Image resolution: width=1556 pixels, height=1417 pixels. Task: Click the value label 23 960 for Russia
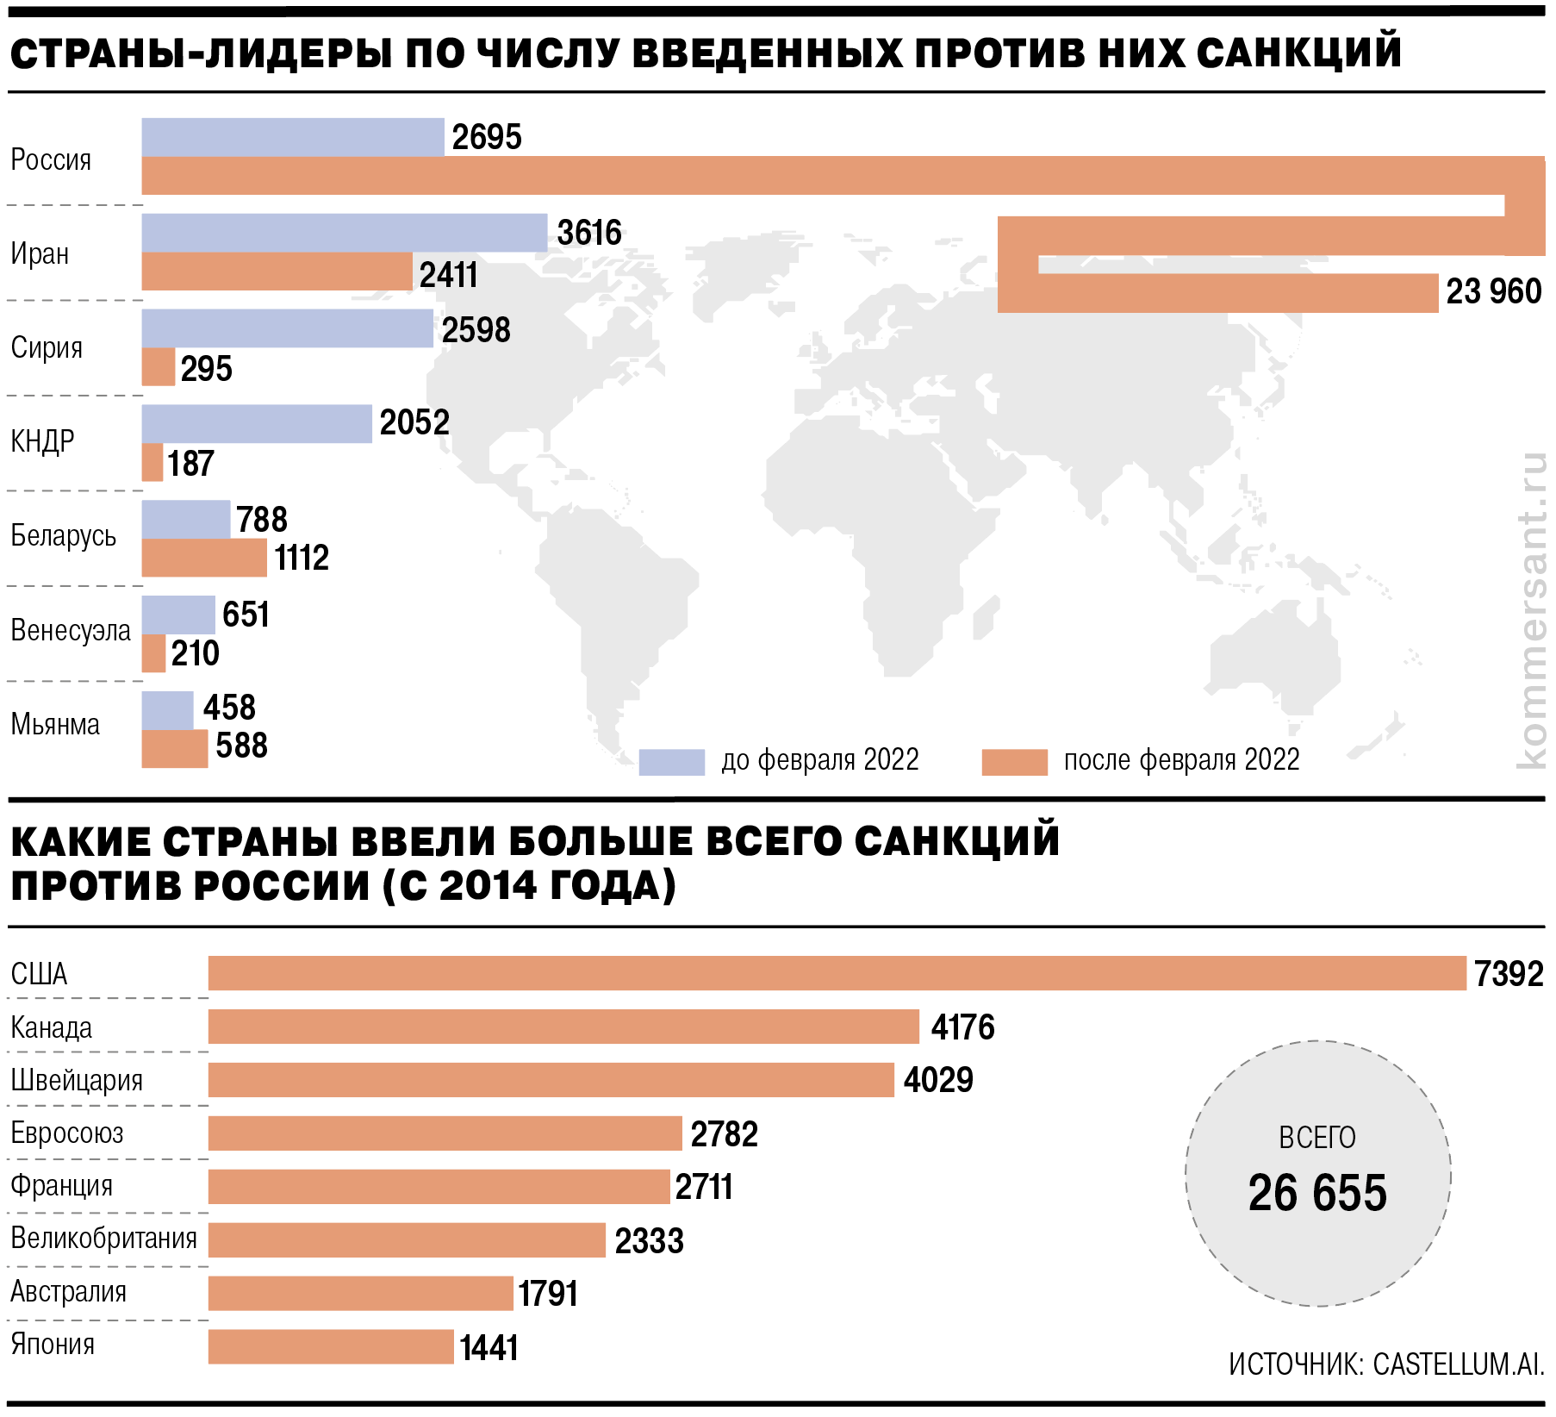[x=1493, y=292]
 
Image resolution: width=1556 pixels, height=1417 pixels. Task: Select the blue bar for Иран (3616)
[x=344, y=233]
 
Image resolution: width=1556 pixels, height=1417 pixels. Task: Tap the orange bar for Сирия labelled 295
[x=159, y=367]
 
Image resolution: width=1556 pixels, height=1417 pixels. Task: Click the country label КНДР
[x=42, y=441]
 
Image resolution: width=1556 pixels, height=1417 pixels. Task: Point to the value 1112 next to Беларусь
[x=302, y=558]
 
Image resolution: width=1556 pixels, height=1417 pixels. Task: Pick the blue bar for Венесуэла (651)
[x=178, y=615]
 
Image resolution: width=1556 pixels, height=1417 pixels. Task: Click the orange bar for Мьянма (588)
[x=174, y=748]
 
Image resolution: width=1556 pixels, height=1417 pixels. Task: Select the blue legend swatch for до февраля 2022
[x=671, y=762]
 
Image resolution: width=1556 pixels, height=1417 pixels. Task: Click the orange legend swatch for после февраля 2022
[x=1014, y=762]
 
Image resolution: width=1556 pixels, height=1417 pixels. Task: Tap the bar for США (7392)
[x=836, y=973]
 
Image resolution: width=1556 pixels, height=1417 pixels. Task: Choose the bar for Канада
[x=563, y=1027]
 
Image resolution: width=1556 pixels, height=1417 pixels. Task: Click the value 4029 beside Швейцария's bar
[x=938, y=1080]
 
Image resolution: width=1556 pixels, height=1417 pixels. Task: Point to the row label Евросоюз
[x=67, y=1133]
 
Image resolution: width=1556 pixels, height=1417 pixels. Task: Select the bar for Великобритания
[x=407, y=1239]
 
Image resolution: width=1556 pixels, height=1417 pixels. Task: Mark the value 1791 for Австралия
[x=548, y=1294]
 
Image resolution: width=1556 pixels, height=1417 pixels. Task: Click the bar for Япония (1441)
[x=331, y=1346]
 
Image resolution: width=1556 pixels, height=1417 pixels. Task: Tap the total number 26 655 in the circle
[x=1317, y=1194]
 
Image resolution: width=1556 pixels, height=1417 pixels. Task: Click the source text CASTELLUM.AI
[x=1458, y=1364]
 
